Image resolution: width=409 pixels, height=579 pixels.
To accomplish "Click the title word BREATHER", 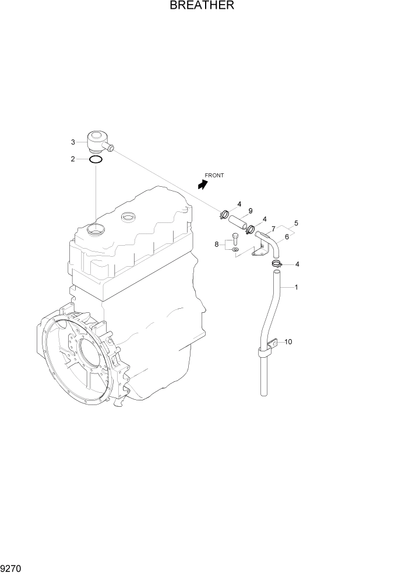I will pos(202,6).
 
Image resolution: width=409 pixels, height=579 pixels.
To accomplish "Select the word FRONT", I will pos(214,175).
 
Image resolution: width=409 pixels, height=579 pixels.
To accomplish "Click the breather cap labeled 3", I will pos(97,142).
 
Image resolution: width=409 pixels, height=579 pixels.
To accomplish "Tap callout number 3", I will pos(73,142).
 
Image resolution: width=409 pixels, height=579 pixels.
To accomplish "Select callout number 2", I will pos(73,159).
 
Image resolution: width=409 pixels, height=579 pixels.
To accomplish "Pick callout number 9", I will pos(250,211).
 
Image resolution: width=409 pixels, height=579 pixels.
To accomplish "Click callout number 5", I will pos(296,223).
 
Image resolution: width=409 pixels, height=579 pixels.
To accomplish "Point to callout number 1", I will pos(297,287).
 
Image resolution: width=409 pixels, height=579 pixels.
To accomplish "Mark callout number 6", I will pos(287,237).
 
